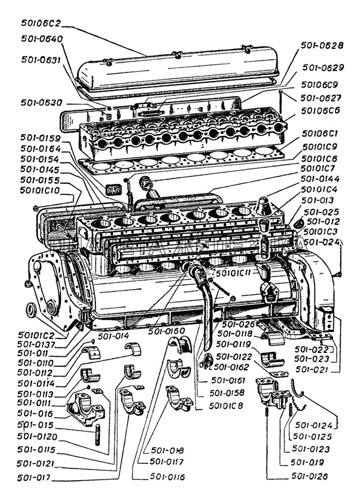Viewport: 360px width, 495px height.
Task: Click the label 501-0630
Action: click(x=42, y=103)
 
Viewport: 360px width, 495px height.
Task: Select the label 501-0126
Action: click(x=312, y=476)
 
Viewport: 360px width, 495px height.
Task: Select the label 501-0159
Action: click(x=42, y=138)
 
